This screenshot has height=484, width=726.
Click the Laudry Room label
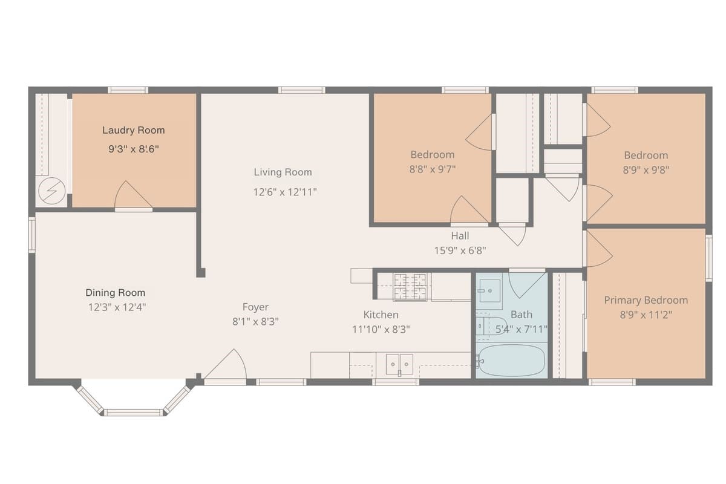point(134,130)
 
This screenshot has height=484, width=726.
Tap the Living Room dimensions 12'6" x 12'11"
point(284,192)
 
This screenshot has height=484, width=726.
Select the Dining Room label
point(115,293)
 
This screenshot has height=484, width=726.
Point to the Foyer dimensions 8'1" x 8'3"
point(255,322)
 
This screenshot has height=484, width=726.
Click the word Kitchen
point(381,315)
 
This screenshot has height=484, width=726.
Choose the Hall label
point(460,236)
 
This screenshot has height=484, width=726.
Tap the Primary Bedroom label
point(646,300)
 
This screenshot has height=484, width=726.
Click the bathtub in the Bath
point(512,360)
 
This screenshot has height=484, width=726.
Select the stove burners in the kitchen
point(410,287)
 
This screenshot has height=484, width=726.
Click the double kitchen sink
point(399,364)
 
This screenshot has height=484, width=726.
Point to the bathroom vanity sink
point(489,290)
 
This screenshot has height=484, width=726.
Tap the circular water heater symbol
point(52,191)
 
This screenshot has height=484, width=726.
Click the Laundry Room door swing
point(133,195)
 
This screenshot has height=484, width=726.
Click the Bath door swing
point(527,284)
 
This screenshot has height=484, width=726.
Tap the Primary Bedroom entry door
point(599,249)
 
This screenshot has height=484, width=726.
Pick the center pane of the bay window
point(133,413)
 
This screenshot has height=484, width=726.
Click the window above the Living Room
point(301,90)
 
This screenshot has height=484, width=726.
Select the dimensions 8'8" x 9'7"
point(433,169)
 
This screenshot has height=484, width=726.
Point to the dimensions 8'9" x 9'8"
point(646,170)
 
